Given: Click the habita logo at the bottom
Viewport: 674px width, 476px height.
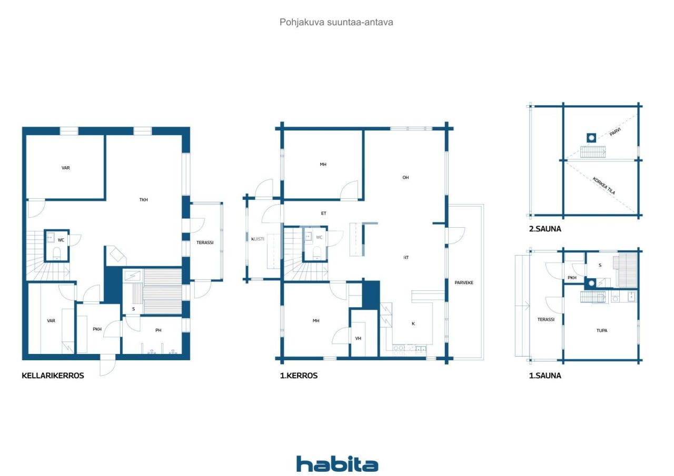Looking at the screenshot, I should point(337,464).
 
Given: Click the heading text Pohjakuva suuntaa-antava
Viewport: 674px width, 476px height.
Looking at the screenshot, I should point(336,22).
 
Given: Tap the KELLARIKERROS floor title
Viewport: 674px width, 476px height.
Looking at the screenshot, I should point(53,376).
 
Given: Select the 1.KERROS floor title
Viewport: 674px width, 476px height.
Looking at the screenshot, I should point(299,376).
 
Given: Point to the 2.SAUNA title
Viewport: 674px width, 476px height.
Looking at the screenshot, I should point(545,229).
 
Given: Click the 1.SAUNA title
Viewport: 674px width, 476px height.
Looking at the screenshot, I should point(545,376).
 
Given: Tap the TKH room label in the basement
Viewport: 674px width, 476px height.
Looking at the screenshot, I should point(143,200).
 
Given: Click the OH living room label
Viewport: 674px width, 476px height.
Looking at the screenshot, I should point(405,178).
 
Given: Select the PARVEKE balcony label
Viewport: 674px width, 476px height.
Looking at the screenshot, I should point(464,282).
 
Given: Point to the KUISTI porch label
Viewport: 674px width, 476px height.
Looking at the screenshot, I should point(257,239).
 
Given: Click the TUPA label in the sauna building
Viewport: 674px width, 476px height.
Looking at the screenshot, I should point(601,331).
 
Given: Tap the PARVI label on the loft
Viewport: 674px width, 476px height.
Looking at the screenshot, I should point(614,131).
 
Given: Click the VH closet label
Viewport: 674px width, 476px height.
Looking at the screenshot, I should point(358,338).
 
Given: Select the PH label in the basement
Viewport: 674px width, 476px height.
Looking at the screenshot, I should point(158,330).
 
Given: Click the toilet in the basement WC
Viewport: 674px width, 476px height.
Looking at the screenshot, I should point(57,256).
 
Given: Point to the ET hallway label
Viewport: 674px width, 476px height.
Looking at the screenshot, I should point(323,214).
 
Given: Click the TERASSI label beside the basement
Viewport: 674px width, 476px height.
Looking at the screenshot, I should point(205,242).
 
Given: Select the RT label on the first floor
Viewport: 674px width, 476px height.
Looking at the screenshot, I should point(406,258).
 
